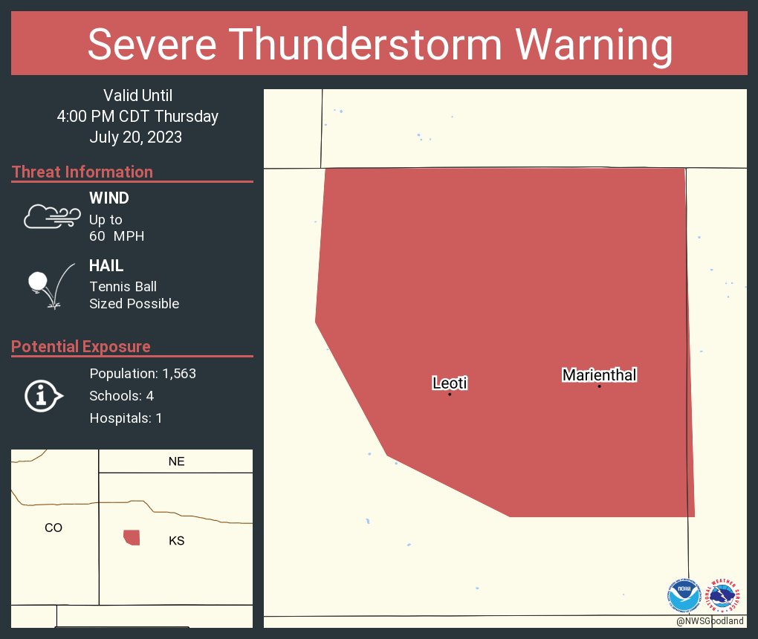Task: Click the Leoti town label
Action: [450, 383]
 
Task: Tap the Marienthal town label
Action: [599, 375]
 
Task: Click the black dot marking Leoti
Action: [450, 394]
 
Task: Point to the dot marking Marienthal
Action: [599, 386]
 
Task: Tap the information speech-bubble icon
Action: [43, 396]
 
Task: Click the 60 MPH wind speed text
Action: [117, 236]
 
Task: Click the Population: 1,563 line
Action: [143, 374]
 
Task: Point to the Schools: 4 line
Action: [121, 396]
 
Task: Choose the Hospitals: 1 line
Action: [126, 418]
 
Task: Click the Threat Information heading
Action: [82, 172]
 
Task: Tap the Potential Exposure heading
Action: [81, 346]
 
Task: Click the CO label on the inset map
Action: [54, 528]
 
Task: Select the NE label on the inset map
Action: [176, 461]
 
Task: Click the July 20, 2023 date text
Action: [136, 137]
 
